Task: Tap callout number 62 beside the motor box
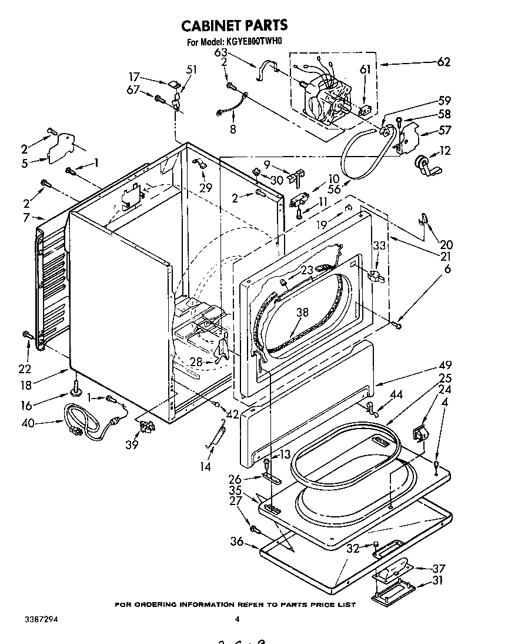tap(443, 62)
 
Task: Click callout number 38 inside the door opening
tap(302, 313)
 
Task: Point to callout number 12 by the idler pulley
tap(444, 151)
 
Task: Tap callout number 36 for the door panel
tap(236, 542)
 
